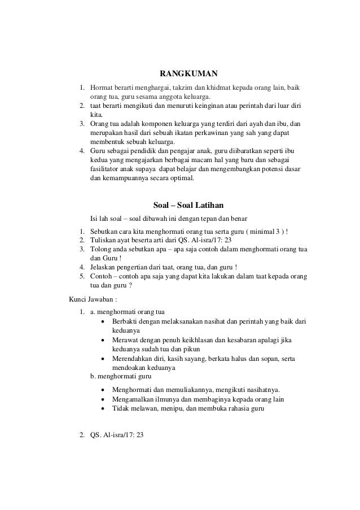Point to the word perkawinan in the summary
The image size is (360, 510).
point(207,133)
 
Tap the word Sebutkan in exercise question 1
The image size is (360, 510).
point(105,231)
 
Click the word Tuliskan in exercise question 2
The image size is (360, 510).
point(104,240)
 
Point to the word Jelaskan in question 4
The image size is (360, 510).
point(105,267)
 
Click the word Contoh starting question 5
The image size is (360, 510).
point(102,276)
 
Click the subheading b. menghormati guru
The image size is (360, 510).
point(121,376)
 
